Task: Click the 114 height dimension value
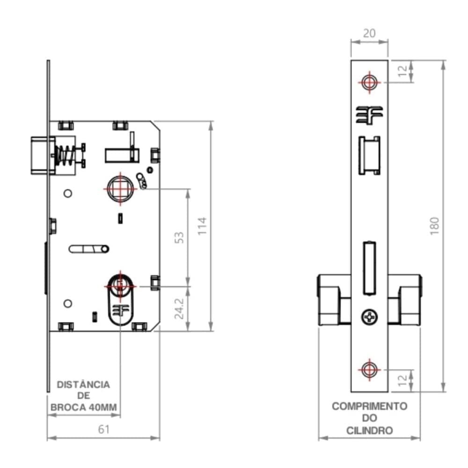tap(202, 226)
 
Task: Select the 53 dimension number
tap(179, 237)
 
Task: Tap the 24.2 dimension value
tap(179, 309)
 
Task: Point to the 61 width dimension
tap(103, 429)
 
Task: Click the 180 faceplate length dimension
tap(434, 226)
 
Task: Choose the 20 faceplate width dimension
tap(369, 33)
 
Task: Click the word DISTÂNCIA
tap(84, 385)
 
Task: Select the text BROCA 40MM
tap(84, 407)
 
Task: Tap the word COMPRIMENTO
tap(369, 406)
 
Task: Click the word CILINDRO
tap(369, 431)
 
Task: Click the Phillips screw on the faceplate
tap(369, 317)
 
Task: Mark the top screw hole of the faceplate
tap(369, 82)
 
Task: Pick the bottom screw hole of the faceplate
tap(369, 369)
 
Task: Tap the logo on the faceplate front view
tap(369, 115)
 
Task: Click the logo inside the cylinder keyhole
tap(121, 310)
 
